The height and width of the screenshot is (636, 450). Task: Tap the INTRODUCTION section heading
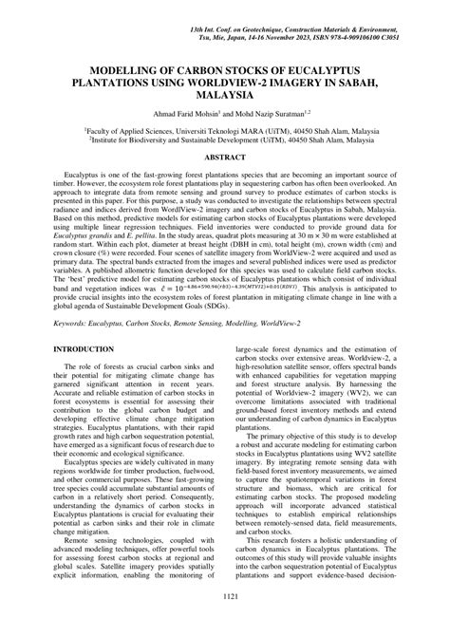(85, 323)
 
